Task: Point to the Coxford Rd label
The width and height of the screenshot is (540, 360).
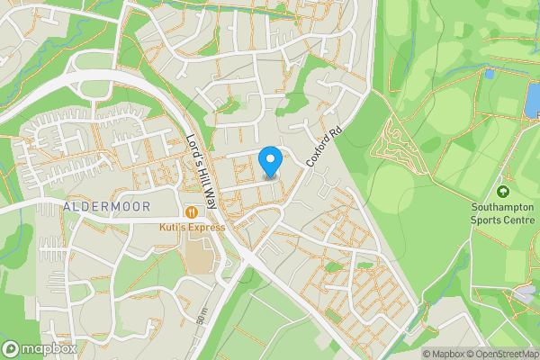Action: [x=325, y=143]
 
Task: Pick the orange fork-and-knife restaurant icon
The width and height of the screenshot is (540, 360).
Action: [x=193, y=212]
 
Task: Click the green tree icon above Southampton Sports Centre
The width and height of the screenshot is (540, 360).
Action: [x=502, y=191]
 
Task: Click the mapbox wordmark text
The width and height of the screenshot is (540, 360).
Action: [x=46, y=347]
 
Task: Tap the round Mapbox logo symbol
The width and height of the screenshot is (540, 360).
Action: [x=12, y=347]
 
